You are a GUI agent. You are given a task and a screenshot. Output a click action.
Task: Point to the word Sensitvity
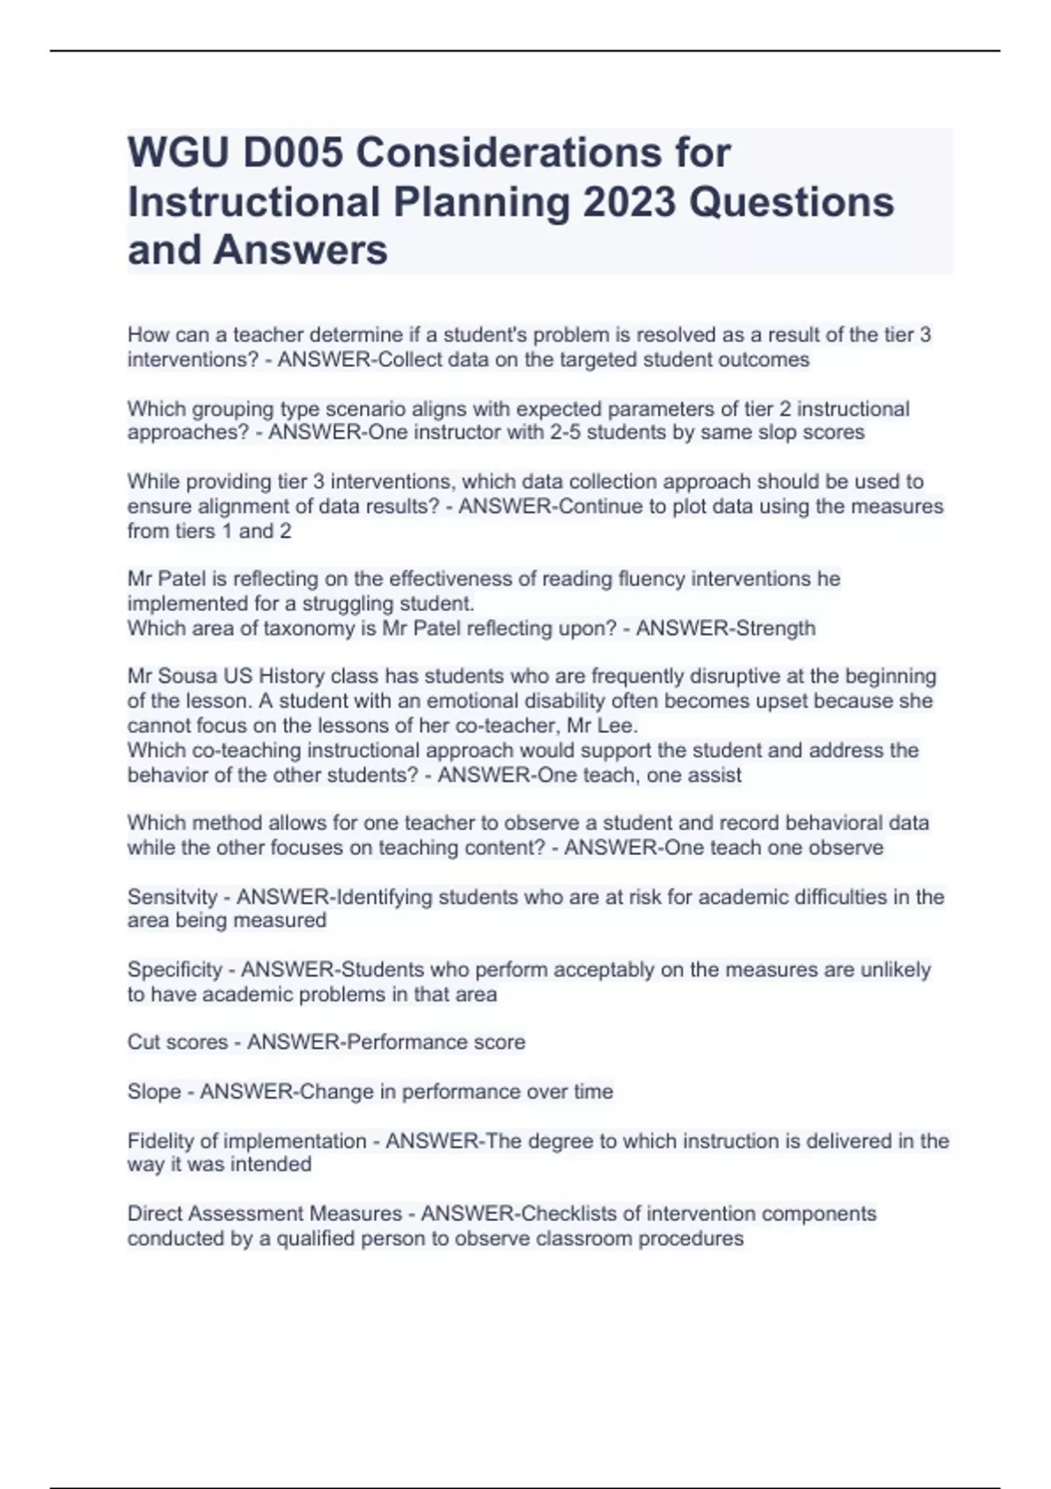coord(172,897)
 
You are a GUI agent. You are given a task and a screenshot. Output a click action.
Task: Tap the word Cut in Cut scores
coord(143,1041)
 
